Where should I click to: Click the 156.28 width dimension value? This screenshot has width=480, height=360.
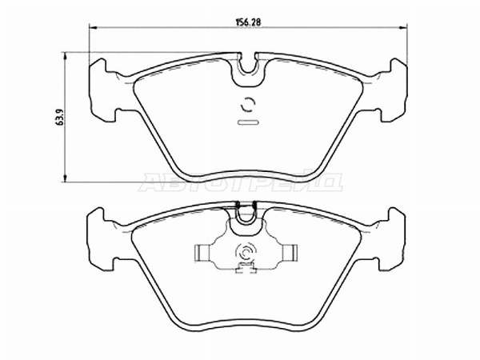[x=251, y=22]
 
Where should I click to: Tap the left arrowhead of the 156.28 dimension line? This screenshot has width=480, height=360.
[x=90, y=30]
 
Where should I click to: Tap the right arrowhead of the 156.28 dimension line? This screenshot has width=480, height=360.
[x=407, y=30]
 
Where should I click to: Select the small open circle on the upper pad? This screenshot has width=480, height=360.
[x=249, y=103]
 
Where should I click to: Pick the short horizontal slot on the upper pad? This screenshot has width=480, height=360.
[x=249, y=122]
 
